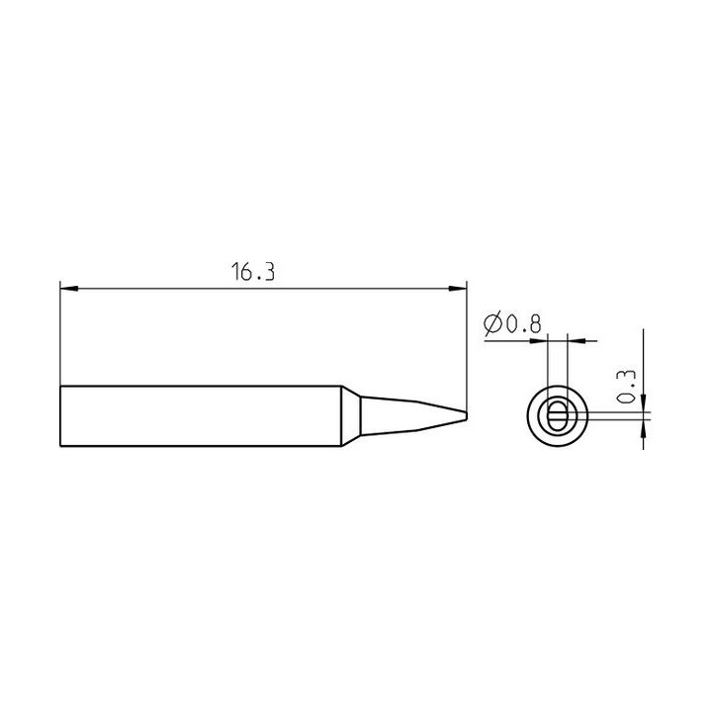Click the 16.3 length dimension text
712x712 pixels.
coord(253,272)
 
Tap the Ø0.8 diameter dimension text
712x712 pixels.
coord(512,324)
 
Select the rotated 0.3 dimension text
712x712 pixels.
coord(627,387)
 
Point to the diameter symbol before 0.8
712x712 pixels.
coord(492,324)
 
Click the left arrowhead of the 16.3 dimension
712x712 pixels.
coord(68,289)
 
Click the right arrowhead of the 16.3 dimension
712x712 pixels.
coord(458,289)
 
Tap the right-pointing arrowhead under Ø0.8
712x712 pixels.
coord(540,340)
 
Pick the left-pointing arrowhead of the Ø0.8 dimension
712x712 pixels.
coord(577,340)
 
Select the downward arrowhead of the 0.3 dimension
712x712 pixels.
coord(644,403)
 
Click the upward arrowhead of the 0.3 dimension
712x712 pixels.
coord(644,428)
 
